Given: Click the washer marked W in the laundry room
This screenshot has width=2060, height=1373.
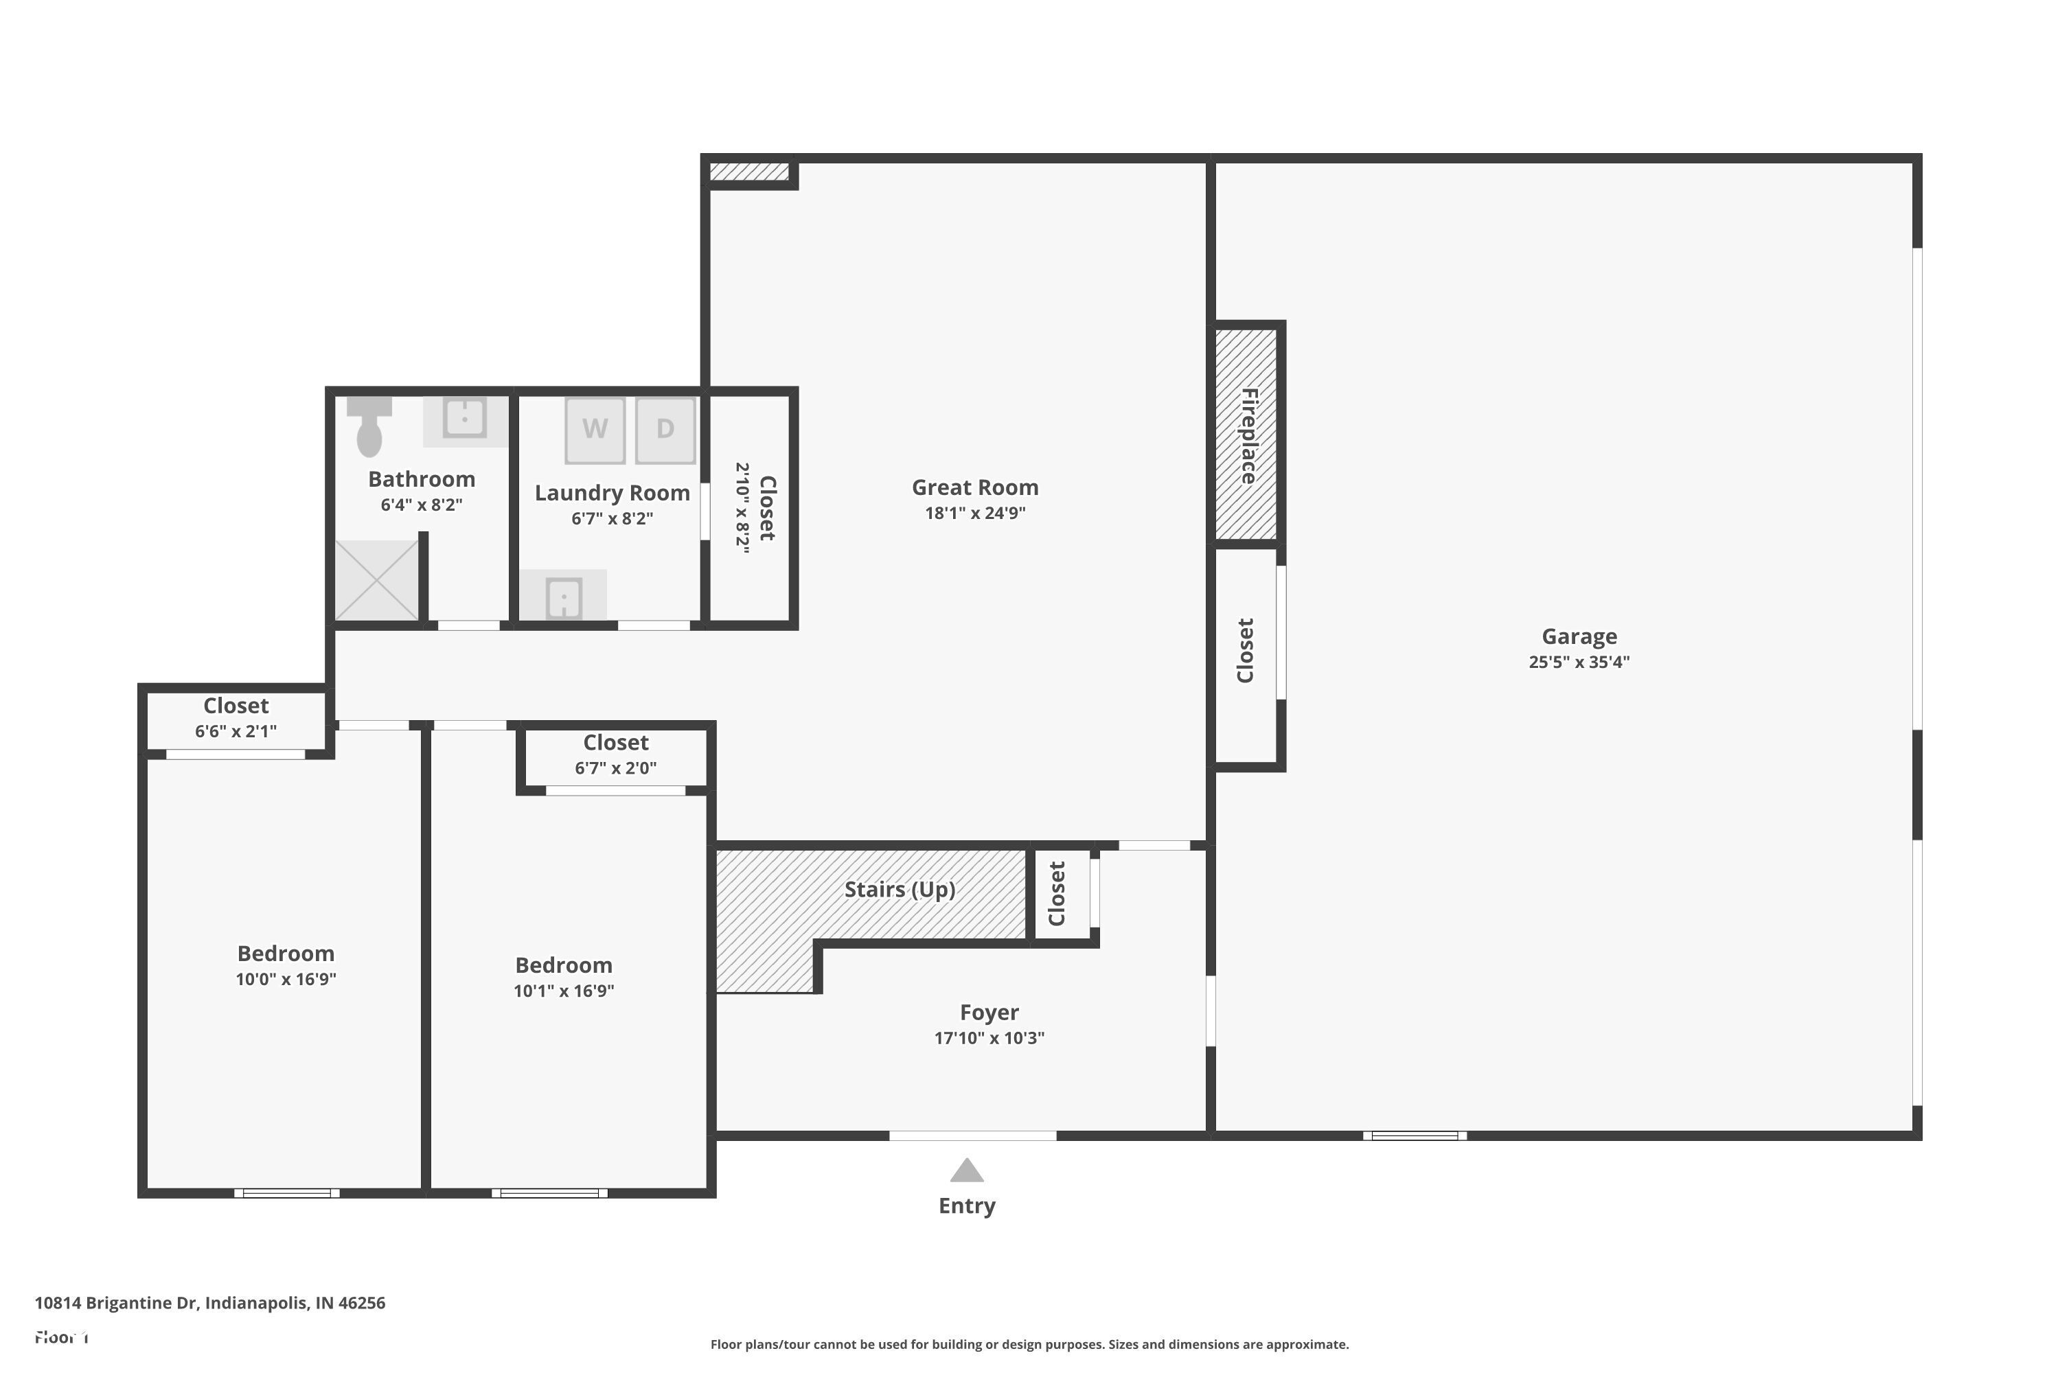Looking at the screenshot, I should tap(595, 429).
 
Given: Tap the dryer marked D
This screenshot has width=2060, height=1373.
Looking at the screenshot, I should tap(665, 429).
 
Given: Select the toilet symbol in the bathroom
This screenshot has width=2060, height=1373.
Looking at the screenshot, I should tap(369, 426).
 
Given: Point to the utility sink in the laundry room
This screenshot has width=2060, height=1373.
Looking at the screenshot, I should tap(563, 597).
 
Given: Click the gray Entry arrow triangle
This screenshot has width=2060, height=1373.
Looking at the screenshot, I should tap(967, 1170).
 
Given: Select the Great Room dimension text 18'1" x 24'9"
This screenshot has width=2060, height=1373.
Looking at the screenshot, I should tap(975, 513).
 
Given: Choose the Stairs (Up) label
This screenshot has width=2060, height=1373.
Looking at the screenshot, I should tap(900, 890).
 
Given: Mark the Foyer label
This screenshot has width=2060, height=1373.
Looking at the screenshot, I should tap(989, 1012).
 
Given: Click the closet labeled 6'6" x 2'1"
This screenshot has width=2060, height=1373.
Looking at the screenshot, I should tap(236, 718).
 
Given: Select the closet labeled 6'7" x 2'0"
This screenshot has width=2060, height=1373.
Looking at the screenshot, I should tap(616, 754).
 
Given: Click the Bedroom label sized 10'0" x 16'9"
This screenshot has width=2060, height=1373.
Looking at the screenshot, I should tap(286, 954).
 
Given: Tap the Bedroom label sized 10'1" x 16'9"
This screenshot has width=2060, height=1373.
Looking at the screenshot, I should tap(563, 966).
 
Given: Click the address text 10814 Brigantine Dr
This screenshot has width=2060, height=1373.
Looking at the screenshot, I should tap(209, 1303).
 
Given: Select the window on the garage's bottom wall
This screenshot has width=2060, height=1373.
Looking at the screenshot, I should tap(1415, 1135).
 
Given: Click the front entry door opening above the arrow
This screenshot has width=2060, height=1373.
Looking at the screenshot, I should tap(972, 1135).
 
